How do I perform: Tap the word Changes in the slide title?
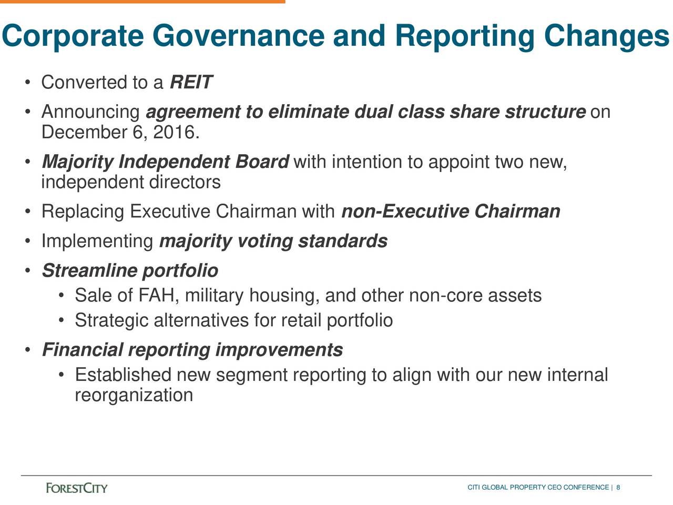tap(606, 36)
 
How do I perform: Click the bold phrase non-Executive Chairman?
tap(451, 211)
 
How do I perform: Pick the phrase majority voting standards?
tap(273, 241)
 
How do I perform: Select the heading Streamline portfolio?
tap(129, 271)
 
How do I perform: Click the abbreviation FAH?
tap(156, 296)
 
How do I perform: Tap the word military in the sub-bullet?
tap(214, 296)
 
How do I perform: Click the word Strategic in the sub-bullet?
tap(111, 320)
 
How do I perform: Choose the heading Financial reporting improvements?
tap(192, 350)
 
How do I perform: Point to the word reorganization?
tap(134, 395)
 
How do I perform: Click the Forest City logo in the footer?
tap(77, 488)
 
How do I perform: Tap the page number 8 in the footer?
tap(618, 488)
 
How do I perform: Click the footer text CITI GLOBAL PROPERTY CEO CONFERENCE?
tap(538, 488)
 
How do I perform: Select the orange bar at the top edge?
tap(142, 2)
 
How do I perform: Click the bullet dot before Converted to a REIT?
tap(26, 83)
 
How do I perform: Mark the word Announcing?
tap(90, 113)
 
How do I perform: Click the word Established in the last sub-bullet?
tap(123, 375)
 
